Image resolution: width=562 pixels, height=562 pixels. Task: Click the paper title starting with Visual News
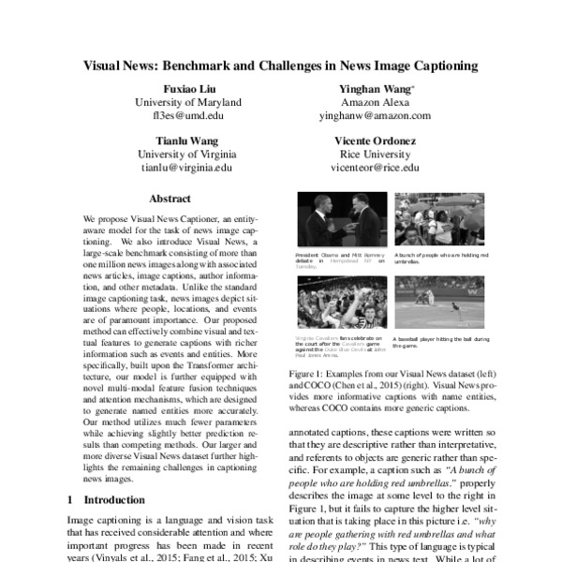(281, 67)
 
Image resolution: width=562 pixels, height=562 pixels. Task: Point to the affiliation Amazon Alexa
(372, 102)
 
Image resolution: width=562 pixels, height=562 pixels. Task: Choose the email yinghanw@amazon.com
(372, 116)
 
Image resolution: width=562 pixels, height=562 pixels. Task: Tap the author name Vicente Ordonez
(372, 141)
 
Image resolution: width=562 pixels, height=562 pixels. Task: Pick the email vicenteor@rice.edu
(372, 169)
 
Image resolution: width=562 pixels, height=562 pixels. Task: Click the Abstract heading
(170, 199)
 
